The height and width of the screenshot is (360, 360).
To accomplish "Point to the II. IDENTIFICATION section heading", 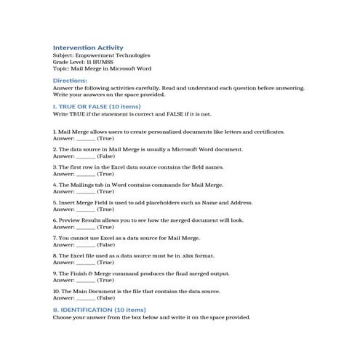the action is click(95, 309).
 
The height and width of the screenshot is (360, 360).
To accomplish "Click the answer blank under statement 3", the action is click(85, 174).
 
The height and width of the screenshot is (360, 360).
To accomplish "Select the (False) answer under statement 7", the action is click(106, 244).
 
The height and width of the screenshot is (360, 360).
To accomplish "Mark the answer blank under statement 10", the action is click(85, 297).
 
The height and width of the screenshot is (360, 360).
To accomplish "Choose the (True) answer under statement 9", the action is click(105, 280).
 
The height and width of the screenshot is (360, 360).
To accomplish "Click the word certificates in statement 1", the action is click(266, 132).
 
